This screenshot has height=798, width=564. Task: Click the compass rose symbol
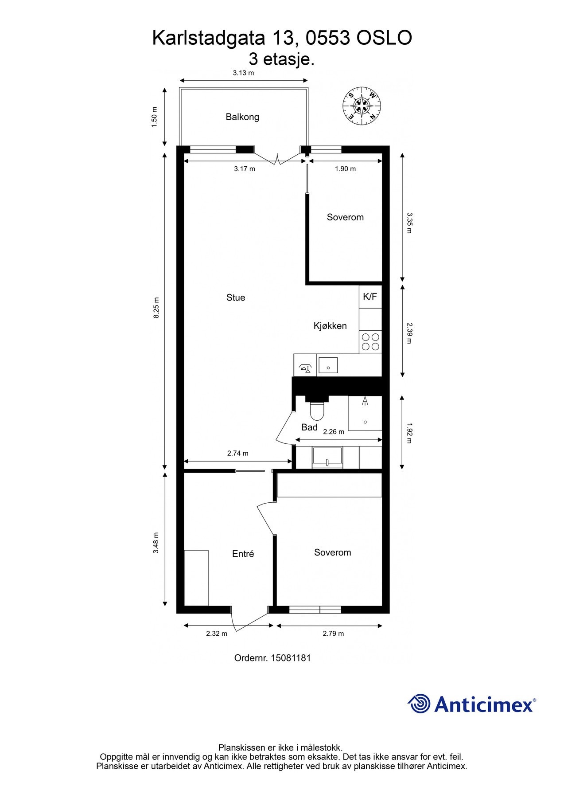pos(362,106)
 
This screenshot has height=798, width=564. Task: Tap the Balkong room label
pos(242,117)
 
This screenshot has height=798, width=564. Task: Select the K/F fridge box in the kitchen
pos(370,297)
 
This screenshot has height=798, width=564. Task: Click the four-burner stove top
pos(370,342)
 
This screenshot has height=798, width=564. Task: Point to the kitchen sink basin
pos(328,365)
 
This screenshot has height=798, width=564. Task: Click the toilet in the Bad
pos(317,411)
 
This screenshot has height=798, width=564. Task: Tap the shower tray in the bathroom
pos(365,413)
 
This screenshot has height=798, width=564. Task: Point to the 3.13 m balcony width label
pos(243,73)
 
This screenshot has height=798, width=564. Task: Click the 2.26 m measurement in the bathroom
pos(334,432)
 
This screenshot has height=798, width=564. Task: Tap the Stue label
pos(236,297)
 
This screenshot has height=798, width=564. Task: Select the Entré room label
pos(243,554)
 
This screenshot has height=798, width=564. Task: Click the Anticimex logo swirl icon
pos(419,704)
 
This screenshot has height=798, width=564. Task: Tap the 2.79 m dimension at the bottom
pos(333,634)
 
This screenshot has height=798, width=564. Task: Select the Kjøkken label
pos(330,326)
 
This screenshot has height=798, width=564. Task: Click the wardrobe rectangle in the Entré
pos(196,578)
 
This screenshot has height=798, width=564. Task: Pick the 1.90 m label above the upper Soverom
pos(345,169)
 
